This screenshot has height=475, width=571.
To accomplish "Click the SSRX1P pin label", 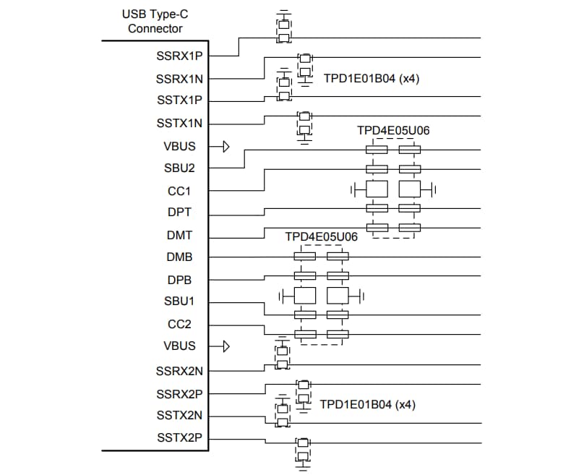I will (179, 56).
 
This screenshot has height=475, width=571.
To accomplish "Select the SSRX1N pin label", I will (179, 78).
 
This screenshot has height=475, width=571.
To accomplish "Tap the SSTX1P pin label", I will (179, 100).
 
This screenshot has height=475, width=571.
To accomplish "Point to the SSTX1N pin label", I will (179, 123).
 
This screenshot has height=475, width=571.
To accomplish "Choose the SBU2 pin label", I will (179, 168).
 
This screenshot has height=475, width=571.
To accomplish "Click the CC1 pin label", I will (179, 191).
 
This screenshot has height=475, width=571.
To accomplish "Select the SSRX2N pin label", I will (179, 371).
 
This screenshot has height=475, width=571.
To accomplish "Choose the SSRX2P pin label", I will (179, 394).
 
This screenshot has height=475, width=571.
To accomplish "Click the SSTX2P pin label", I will (179, 437).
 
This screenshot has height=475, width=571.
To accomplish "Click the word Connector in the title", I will (155, 29).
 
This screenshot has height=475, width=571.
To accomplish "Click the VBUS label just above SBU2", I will (179, 146).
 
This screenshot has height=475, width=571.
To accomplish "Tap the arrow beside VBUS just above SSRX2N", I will (226, 346).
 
